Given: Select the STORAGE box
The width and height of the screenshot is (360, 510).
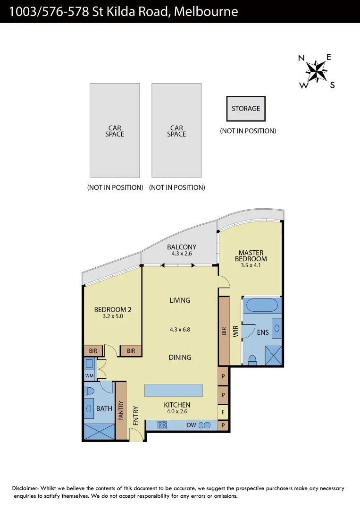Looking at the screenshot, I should coord(246,109).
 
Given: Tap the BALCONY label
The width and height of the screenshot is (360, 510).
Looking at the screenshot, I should coord(182,247).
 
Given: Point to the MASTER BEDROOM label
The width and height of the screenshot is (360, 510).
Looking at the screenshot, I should coord(251,255).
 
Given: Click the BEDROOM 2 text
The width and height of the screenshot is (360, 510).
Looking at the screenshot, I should coord(113,310).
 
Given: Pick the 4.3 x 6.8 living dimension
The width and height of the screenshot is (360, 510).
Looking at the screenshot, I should coord(180,330).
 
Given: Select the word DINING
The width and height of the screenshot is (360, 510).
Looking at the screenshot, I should coord(180,357).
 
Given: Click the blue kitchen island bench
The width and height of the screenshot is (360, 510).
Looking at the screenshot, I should coord(174,391).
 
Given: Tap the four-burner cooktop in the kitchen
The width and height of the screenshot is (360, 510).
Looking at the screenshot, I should coord(162,425).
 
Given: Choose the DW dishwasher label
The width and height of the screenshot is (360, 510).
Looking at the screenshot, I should coord(191,425).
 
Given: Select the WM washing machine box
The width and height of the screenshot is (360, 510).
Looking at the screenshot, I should coord(89,375).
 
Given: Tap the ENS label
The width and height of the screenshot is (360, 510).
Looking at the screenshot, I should coord(263,332).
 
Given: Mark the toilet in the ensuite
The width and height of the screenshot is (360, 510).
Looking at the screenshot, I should coord(252,360).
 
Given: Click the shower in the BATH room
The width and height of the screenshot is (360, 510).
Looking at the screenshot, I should coord(99,432).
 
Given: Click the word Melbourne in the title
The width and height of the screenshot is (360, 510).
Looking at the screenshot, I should coord(206,11).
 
